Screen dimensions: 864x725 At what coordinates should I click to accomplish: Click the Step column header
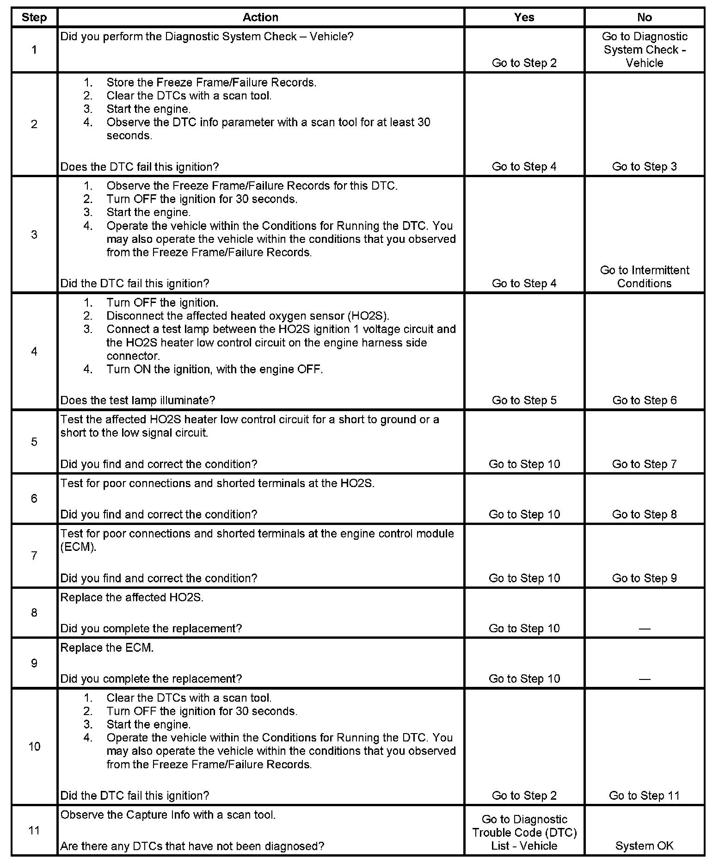point(34,18)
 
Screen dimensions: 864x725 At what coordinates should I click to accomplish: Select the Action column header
point(260,18)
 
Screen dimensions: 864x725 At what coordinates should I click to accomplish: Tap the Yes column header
point(524,18)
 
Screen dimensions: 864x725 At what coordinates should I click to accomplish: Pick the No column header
point(644,18)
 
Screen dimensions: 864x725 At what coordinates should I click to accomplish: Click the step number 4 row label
point(34,352)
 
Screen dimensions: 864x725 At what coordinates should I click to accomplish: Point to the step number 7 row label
point(34,555)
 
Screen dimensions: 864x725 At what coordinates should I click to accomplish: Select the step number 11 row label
point(34,830)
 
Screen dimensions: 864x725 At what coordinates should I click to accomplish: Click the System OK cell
point(644,846)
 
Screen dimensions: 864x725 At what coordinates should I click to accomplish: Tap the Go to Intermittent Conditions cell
point(644,277)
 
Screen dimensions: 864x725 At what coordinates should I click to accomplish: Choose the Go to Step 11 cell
point(644,796)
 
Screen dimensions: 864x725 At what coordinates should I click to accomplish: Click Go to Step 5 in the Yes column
point(524,400)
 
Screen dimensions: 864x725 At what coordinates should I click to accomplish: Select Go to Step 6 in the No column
point(644,400)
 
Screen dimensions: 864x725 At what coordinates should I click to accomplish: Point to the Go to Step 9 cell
point(644,578)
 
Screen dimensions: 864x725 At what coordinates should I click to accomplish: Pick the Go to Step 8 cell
point(644,514)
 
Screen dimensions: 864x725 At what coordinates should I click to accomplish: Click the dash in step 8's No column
point(644,629)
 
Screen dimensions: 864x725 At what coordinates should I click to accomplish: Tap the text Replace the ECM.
point(107,648)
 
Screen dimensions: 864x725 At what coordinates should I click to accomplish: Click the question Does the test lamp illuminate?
point(138,400)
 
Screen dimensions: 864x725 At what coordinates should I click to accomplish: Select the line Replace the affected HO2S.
point(132,598)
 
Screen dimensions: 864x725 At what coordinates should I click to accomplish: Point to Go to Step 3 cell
point(644,167)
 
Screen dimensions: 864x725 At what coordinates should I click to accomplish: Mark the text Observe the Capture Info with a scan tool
point(168,815)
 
